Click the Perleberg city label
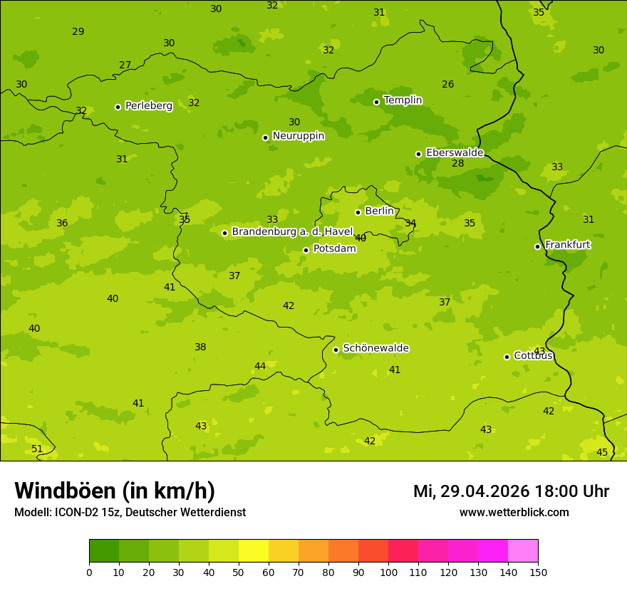tap(148, 106)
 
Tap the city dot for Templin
tap(376, 102)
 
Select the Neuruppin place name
tap(298, 136)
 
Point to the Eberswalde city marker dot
tap(418, 154)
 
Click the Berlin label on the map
tap(379, 211)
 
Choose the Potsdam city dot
tap(306, 250)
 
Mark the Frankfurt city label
tap(567, 245)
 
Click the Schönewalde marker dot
tap(336, 350)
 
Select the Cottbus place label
tap(533, 356)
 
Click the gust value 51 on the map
tap(37, 449)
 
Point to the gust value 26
tap(447, 85)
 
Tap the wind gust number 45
tap(602, 453)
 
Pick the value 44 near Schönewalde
tap(260, 367)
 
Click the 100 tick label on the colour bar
tap(388, 572)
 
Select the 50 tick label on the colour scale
tap(239, 572)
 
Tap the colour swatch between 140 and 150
tap(523, 551)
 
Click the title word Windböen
tap(65, 491)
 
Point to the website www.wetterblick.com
tap(514, 513)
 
